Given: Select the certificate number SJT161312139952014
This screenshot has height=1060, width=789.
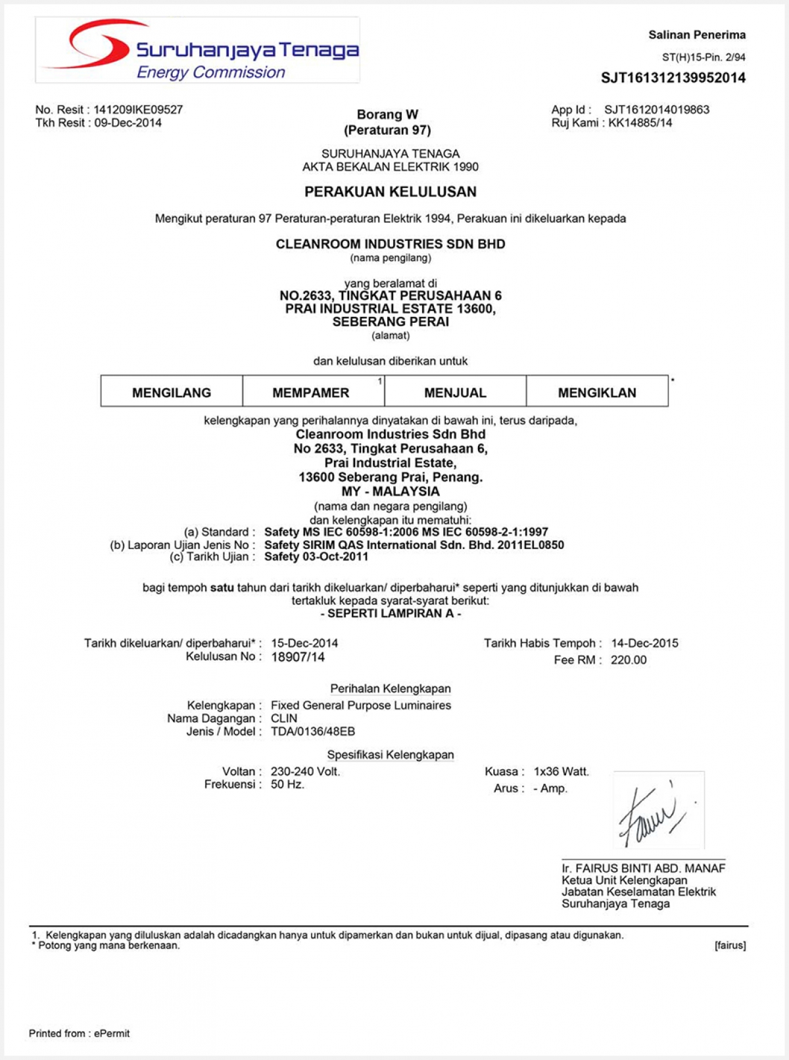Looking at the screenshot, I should (x=673, y=78).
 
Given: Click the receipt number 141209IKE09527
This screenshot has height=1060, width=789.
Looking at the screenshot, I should (x=138, y=110).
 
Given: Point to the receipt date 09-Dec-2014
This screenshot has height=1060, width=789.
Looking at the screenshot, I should (x=128, y=123).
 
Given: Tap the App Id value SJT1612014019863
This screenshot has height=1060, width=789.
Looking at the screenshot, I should (x=656, y=110).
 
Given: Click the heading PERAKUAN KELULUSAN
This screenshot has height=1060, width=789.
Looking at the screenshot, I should (x=390, y=192).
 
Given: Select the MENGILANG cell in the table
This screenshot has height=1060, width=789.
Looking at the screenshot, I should (x=172, y=393).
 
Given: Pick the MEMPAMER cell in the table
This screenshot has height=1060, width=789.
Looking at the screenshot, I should (x=311, y=393).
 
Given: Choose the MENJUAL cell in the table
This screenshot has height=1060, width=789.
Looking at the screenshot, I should (x=455, y=393).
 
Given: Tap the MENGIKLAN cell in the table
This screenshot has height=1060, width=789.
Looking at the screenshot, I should (x=597, y=393).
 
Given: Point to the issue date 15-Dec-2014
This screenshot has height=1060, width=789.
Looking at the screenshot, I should (x=304, y=643).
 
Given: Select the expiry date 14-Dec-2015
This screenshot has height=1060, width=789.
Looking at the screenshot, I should (x=644, y=643).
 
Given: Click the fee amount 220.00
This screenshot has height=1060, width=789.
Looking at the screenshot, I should (x=629, y=660).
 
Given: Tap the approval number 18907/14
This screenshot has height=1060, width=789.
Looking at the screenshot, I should (x=298, y=657).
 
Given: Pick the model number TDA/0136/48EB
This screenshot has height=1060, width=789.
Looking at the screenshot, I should (x=313, y=731).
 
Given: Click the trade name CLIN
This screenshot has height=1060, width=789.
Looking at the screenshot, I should (x=284, y=719).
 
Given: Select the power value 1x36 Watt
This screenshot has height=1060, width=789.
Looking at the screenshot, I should (x=561, y=771).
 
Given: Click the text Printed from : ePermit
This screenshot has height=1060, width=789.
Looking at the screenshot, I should (x=79, y=1033).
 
